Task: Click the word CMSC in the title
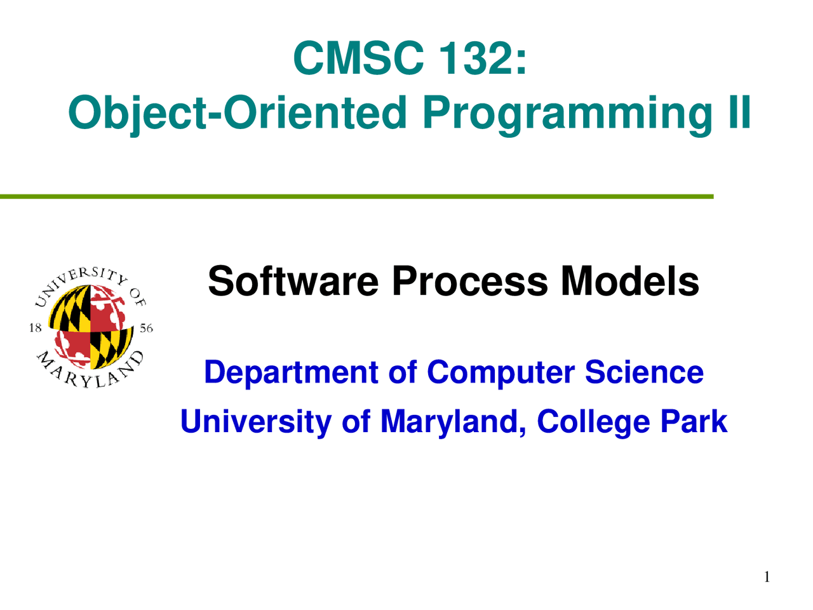(x=358, y=58)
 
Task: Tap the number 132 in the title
(x=477, y=58)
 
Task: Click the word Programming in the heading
(x=567, y=113)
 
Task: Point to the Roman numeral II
(x=739, y=111)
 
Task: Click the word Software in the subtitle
(x=293, y=281)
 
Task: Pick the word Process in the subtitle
(x=469, y=281)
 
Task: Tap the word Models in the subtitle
(x=629, y=281)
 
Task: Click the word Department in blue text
(x=291, y=373)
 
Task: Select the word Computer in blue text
(x=500, y=373)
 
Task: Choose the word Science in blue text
(x=644, y=372)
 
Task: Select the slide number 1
(x=767, y=577)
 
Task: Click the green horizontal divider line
(x=357, y=197)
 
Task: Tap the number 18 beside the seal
(x=36, y=328)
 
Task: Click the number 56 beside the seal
(x=146, y=328)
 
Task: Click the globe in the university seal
(x=91, y=327)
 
